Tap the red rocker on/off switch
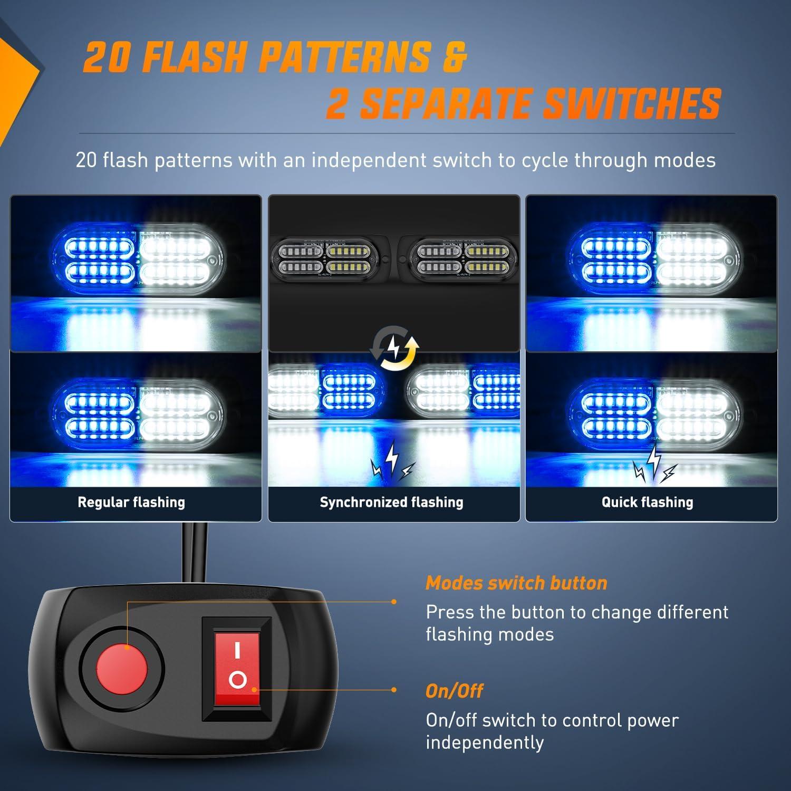click(x=237, y=669)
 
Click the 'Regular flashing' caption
click(x=131, y=502)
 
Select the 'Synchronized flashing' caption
click(x=391, y=502)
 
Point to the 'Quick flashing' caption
click(x=647, y=502)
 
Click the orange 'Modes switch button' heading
click(x=516, y=583)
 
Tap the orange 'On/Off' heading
click(x=454, y=691)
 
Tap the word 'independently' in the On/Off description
click(x=485, y=742)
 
